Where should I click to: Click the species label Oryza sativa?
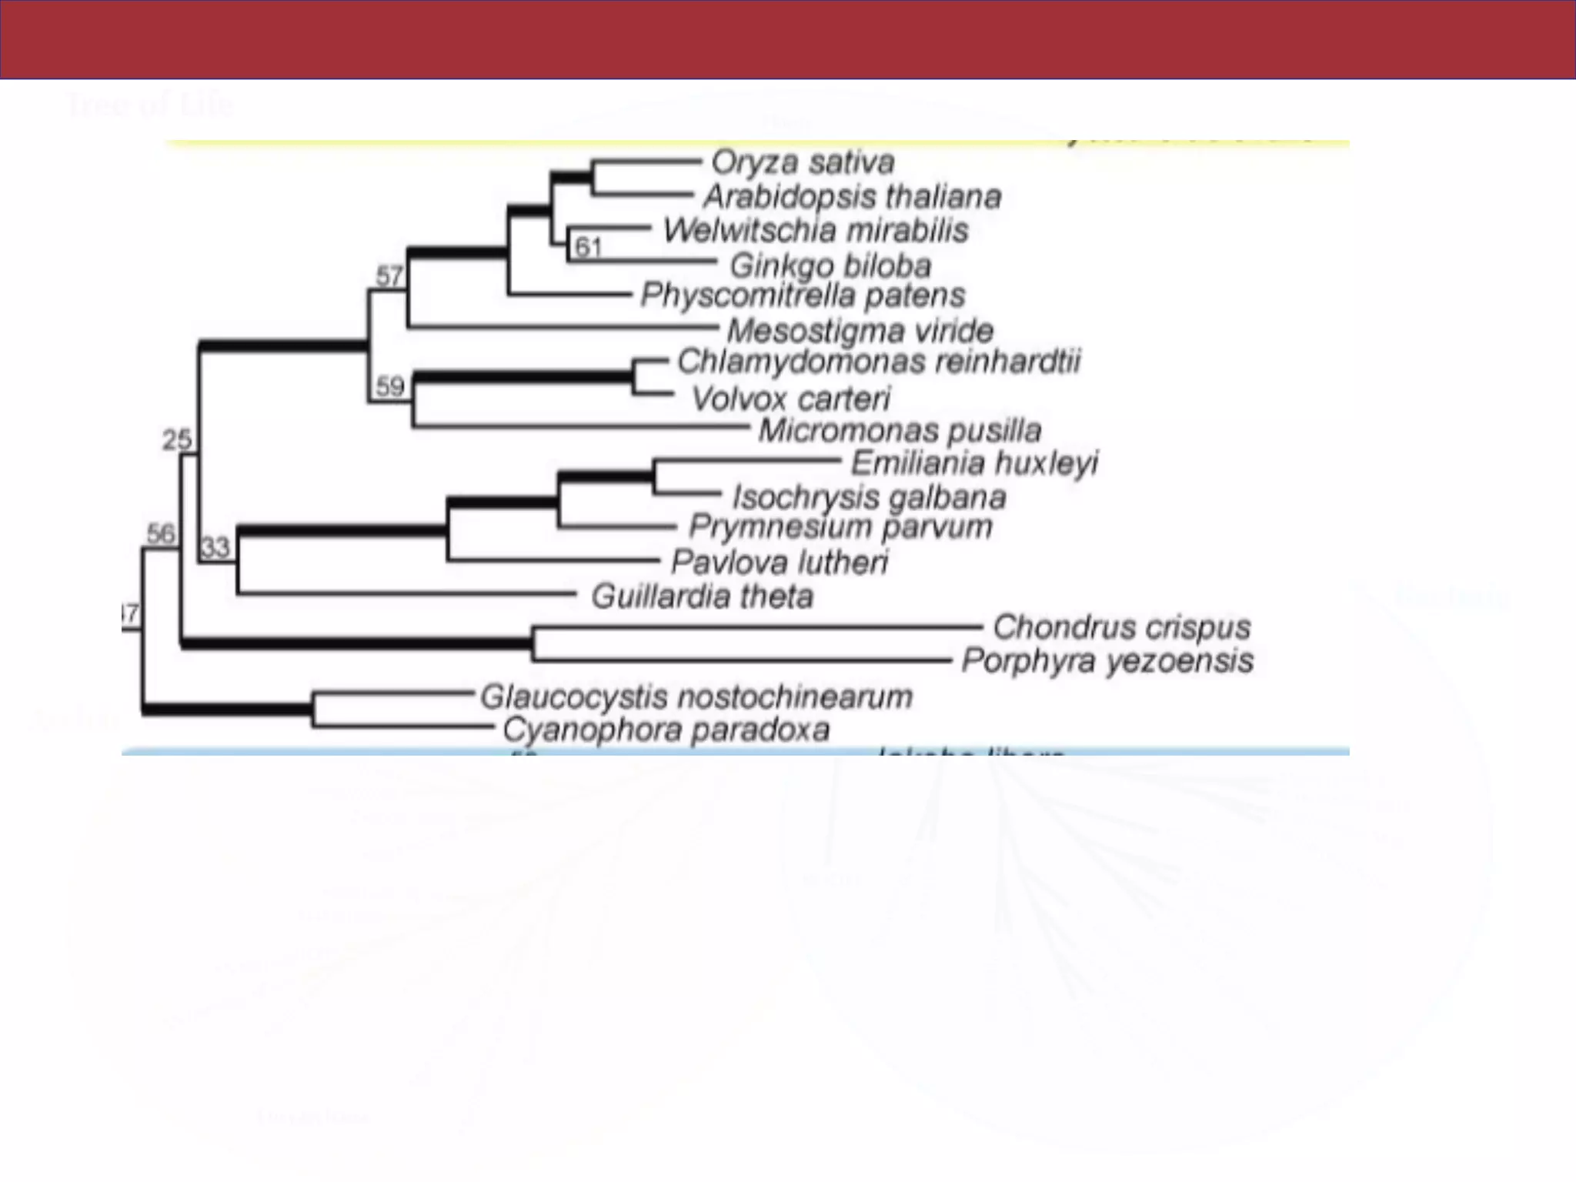[803, 162]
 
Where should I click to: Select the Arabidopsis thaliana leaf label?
[852, 197]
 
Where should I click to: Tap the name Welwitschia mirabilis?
[816, 230]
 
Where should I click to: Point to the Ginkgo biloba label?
[830, 265]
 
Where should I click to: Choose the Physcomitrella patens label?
[803, 295]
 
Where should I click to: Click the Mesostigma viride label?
[860, 331]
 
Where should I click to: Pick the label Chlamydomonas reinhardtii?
[879, 362]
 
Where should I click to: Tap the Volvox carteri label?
[790, 399]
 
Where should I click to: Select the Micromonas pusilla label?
[900, 430]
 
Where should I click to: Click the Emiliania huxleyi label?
[974, 463]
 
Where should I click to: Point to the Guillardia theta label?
[702, 596]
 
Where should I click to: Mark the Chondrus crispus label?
[1121, 627]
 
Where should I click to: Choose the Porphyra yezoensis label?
[1107, 661]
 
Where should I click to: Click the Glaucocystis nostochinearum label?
[696, 697]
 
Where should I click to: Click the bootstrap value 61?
[588, 247]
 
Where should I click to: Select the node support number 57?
[389, 275]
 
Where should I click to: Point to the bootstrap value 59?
[390, 386]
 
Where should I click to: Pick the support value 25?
[177, 439]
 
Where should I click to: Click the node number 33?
[215, 547]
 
